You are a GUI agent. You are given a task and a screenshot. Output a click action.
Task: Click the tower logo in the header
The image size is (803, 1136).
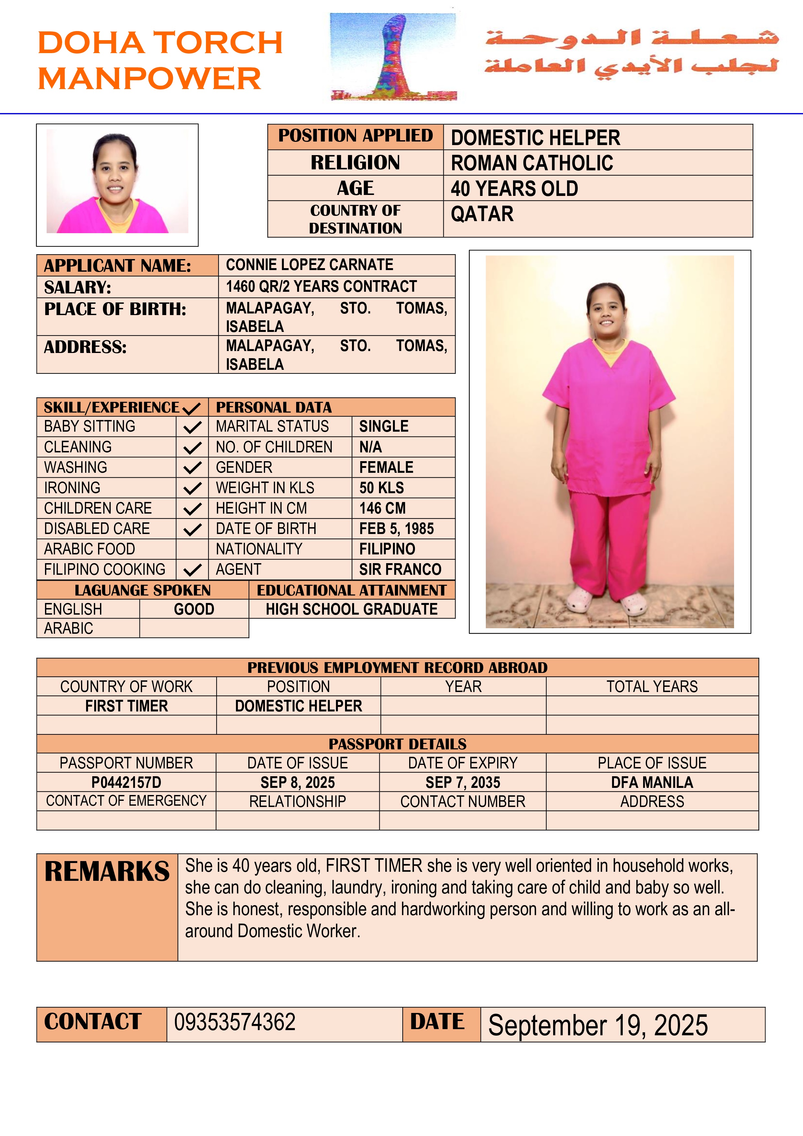394,57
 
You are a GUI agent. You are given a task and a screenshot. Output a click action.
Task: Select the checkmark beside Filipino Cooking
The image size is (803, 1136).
192,570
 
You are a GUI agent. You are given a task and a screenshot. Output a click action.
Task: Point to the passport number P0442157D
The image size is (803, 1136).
126,782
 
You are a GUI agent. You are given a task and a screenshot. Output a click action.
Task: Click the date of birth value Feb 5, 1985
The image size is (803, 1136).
396,529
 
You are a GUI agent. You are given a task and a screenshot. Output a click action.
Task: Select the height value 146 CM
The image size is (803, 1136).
382,508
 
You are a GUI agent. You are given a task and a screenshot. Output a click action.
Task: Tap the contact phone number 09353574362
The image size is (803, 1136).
235,1022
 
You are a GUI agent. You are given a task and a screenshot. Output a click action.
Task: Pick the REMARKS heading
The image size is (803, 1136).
107,872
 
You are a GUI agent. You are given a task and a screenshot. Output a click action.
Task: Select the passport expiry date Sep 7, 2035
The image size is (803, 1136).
463,782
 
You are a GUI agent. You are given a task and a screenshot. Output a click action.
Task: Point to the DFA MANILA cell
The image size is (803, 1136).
652,782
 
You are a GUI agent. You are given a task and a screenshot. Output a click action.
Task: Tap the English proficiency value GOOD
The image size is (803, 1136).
194,609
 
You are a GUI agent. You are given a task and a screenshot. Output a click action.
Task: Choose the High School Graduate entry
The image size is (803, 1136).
351,609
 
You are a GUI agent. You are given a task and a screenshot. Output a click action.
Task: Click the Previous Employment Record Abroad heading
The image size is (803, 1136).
397,667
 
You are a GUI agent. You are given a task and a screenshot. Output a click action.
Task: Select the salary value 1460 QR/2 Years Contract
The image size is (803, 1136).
321,287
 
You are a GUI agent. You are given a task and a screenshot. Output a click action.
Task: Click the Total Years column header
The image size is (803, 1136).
652,687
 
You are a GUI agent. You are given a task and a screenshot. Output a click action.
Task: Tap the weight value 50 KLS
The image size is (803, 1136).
381,488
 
